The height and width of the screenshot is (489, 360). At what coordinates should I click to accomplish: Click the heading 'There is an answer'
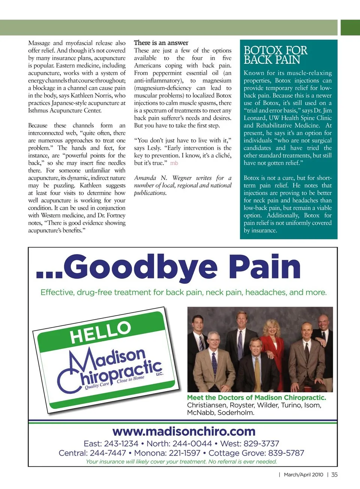(161, 43)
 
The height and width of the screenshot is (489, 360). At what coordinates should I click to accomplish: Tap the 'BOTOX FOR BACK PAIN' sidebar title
(275, 55)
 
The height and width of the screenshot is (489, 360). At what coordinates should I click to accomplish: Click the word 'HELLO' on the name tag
(100, 332)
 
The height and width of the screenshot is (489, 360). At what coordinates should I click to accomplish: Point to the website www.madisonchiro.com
(184, 431)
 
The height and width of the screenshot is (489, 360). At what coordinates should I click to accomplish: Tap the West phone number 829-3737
(261, 444)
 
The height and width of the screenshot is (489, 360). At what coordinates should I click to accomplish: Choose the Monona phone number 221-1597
(182, 453)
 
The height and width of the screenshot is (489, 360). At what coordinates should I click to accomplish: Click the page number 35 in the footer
(334, 474)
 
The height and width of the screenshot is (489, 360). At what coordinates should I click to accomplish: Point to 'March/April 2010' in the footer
(303, 474)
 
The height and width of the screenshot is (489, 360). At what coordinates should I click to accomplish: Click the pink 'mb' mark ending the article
(174, 163)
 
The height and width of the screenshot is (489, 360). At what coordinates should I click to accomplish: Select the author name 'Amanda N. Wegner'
(150, 178)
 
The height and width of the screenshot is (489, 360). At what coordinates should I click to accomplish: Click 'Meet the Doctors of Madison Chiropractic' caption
(256, 398)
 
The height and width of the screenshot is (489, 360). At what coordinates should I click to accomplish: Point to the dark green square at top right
(350, 28)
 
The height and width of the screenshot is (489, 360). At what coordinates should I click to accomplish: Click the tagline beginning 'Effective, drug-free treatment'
(183, 292)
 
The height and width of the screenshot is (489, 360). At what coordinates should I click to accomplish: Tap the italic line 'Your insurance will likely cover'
(181, 462)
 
